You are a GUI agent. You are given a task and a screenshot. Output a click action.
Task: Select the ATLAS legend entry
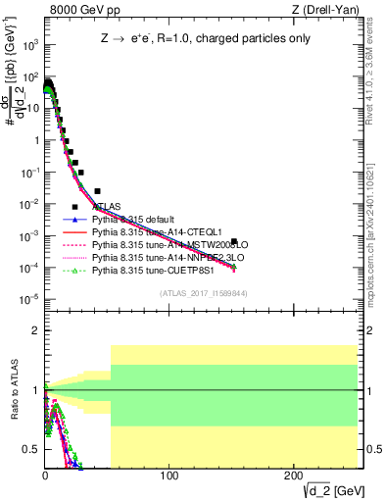coord(107,206)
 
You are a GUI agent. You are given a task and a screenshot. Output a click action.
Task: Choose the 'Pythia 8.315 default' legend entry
coord(136,219)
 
